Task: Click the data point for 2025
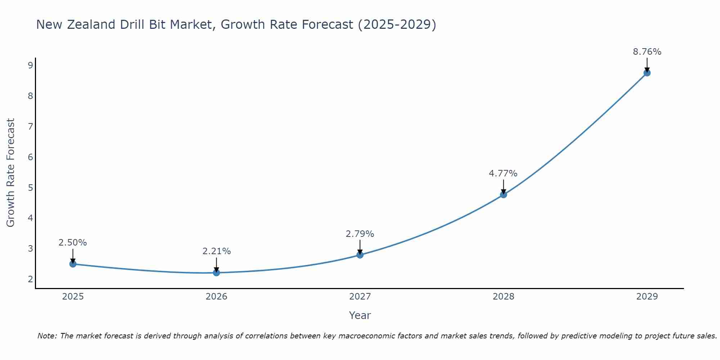coord(73,264)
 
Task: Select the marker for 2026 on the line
coord(216,273)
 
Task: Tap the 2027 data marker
coord(360,255)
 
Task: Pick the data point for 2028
coord(503,194)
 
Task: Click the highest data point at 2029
coord(647,73)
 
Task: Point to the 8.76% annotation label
coord(647,52)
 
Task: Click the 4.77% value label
coord(503,174)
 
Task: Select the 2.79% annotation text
coord(360,234)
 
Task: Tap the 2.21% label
coord(216,251)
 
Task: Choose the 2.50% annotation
coord(73,243)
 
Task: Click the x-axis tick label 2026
coord(216,297)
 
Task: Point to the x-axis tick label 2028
coord(503,297)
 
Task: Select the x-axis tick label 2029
coord(647,297)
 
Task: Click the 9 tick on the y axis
coord(30,65)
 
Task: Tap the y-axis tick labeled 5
coord(30,188)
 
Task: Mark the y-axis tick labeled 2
coord(30,279)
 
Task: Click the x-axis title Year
coord(360,315)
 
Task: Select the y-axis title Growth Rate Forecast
coord(11,173)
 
